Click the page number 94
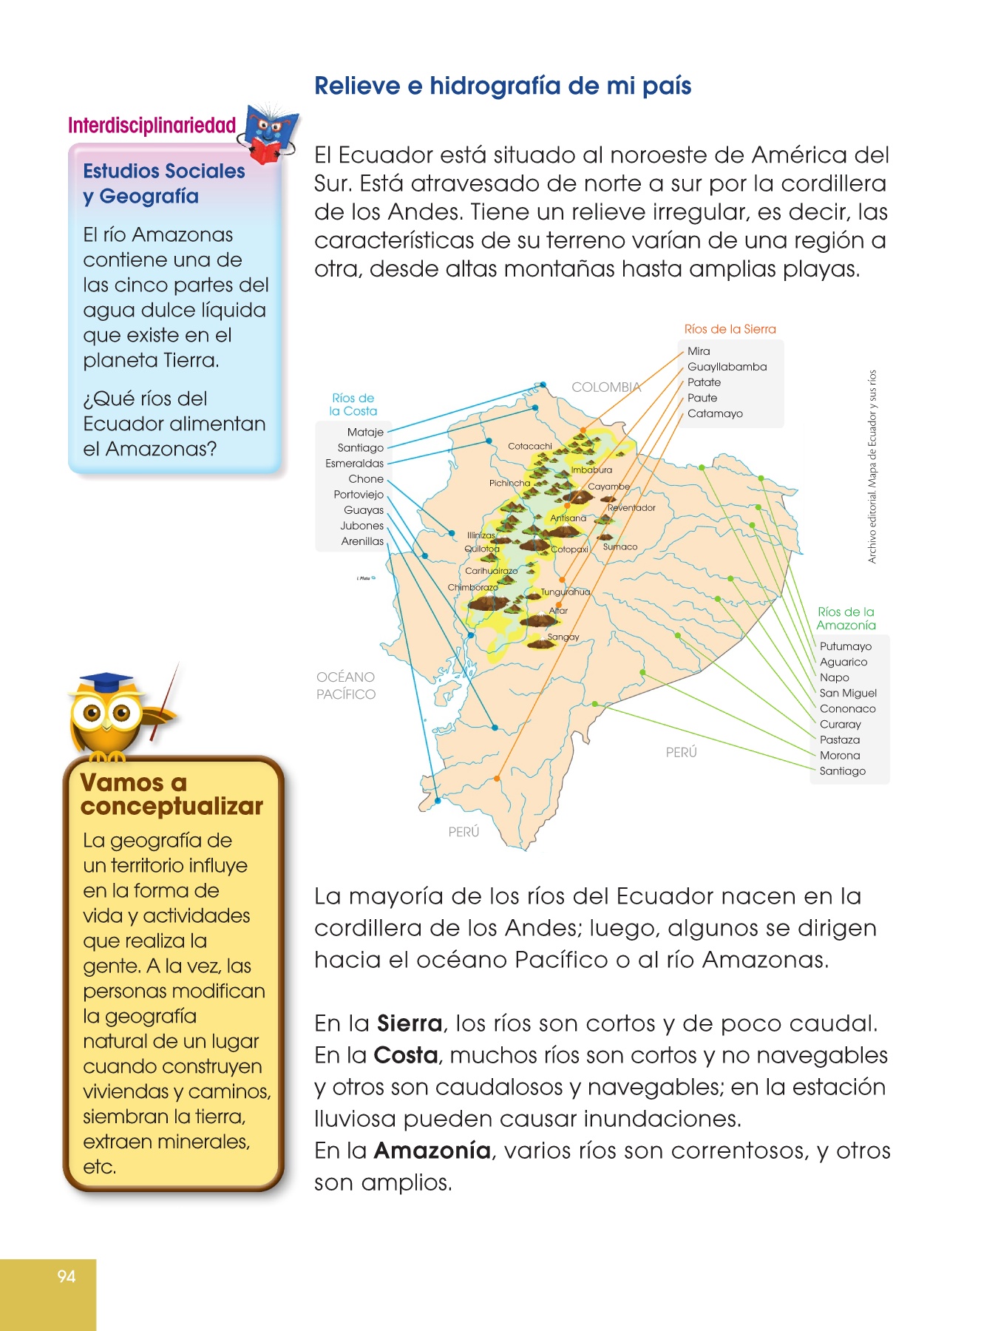[67, 1276]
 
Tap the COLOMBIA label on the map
[605, 387]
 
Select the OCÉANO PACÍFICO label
[346, 685]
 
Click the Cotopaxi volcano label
[569, 549]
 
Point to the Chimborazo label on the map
[472, 587]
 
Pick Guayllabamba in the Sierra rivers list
[727, 367]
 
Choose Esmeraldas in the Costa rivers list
[355, 464]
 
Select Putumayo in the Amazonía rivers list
[845, 646]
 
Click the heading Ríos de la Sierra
[730, 329]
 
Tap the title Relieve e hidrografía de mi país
[503, 86]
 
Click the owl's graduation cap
[106, 681]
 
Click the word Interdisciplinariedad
[152, 126]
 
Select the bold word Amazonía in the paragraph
[432, 1151]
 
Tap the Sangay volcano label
[563, 637]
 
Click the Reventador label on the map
[631, 508]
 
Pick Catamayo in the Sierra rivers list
[715, 413]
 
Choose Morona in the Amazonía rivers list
[840, 755]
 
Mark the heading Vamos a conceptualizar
[171, 794]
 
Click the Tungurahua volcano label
[566, 592]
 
